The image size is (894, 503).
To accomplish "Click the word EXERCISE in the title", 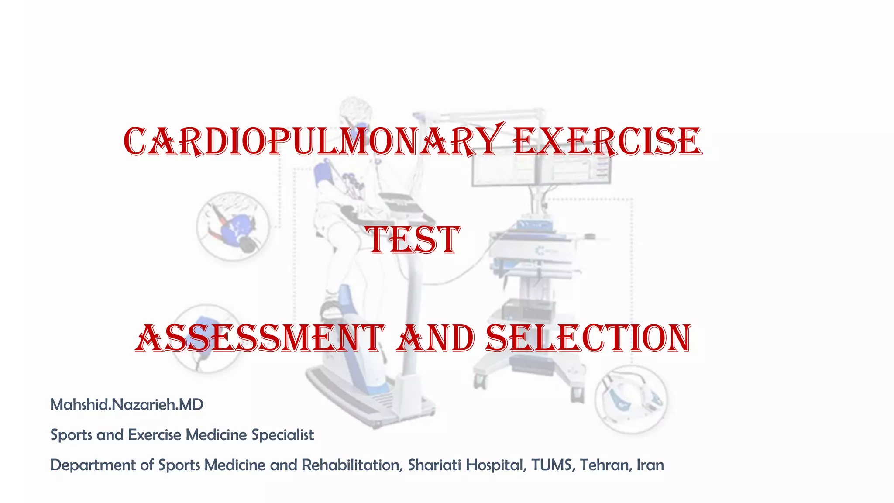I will click(x=607, y=142).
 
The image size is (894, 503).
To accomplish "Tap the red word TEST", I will click(x=413, y=240).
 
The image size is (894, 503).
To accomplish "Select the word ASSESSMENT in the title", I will click(x=260, y=339).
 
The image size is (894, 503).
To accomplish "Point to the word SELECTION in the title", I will click(x=588, y=339).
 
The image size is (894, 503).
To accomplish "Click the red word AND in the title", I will click(x=436, y=339).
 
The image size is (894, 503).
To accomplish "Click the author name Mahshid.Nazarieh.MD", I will click(x=127, y=405).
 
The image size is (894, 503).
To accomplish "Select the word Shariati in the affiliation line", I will click(x=434, y=465).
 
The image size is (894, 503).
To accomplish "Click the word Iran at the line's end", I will click(x=650, y=465).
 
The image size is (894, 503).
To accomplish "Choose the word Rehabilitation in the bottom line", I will click(x=351, y=465).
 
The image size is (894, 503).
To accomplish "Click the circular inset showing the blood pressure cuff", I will click(x=232, y=226).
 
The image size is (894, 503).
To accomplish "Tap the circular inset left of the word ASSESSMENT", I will click(x=205, y=338).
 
